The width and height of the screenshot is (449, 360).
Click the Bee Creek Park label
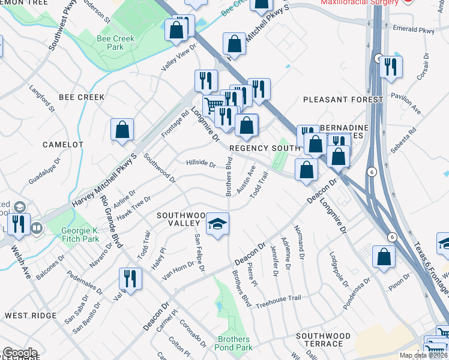[116, 43]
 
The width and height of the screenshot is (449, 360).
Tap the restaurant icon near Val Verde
[130, 278]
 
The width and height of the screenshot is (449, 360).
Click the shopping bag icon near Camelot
[122, 130]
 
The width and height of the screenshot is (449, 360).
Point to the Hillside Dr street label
[200, 163]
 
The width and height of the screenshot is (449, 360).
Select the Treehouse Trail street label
[278, 301]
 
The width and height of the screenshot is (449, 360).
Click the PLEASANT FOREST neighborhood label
[343, 100]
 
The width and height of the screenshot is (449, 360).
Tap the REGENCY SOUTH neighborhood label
[264, 148]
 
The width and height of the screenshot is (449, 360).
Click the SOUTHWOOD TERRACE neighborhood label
[323, 340]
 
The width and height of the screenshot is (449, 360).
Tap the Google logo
[20, 353]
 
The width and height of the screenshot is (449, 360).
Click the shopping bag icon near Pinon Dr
[384, 257]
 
